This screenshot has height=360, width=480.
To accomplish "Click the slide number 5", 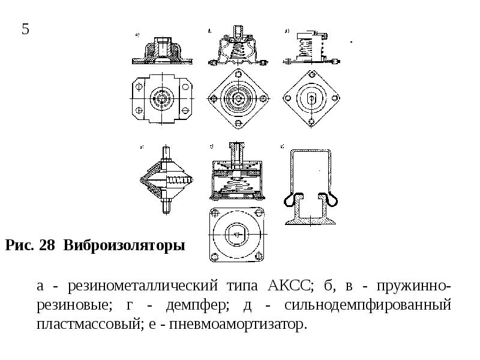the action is [x=26, y=29].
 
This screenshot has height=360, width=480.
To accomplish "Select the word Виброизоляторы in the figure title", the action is [x=124, y=246].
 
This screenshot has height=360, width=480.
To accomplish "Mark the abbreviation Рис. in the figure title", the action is [x=19, y=246].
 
